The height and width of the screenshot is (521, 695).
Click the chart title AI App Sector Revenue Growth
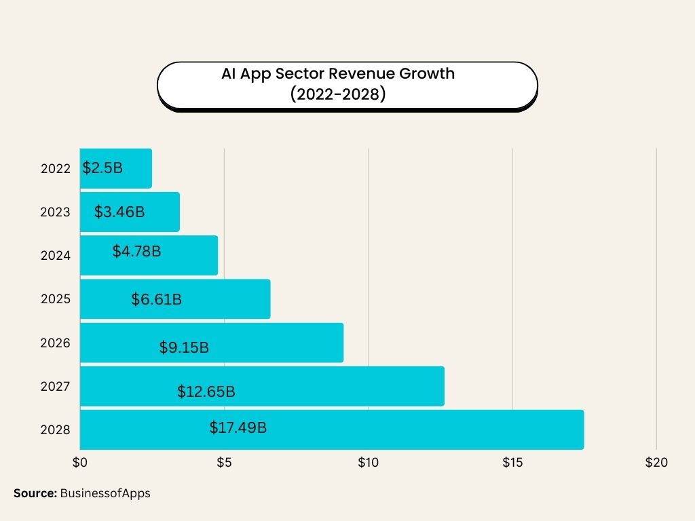coord(338,74)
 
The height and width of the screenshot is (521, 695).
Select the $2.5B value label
coord(102,168)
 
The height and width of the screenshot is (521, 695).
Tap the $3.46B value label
coord(119,212)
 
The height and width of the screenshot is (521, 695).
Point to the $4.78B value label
coord(136,252)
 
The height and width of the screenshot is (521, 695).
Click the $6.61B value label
coord(156,299)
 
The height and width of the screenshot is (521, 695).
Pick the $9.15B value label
coord(184,348)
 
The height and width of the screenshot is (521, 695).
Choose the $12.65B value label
coord(206,391)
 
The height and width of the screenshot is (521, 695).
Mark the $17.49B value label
coord(238,428)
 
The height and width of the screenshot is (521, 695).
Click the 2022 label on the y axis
coord(56,169)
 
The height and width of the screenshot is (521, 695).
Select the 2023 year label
coord(56,212)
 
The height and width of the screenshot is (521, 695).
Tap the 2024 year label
coord(56,256)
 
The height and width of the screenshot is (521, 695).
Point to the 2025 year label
coord(56,299)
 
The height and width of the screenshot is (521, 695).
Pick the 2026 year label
coord(56,343)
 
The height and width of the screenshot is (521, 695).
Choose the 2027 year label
coord(56,387)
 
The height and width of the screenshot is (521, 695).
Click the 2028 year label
coord(56,430)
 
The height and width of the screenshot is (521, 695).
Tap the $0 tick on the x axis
coord(80,463)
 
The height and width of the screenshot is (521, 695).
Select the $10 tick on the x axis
coord(368,463)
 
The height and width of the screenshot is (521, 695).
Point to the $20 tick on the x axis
coord(656,463)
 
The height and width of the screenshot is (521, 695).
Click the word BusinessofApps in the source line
coord(105,494)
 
